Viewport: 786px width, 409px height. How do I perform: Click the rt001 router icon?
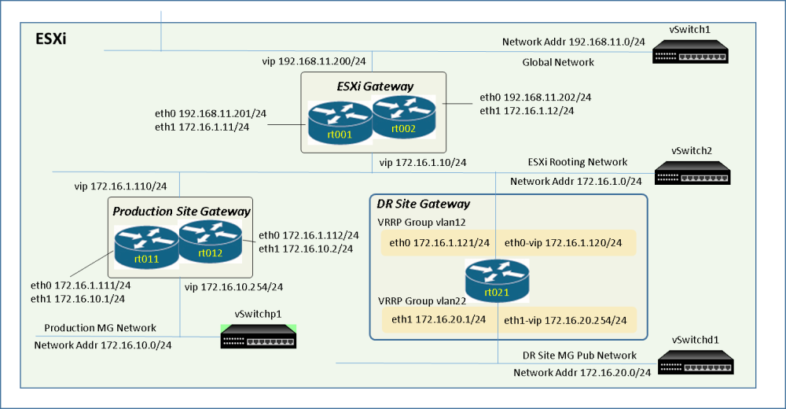(x=340, y=123)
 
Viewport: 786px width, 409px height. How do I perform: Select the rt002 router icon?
(x=403, y=116)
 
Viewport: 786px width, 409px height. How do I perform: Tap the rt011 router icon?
(x=146, y=247)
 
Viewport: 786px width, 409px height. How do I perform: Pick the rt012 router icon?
(x=210, y=241)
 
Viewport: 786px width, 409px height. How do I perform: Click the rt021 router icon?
(x=497, y=281)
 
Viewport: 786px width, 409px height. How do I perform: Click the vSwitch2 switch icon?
(x=692, y=172)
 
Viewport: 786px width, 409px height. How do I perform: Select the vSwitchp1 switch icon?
(x=258, y=336)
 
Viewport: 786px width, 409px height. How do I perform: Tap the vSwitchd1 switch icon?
(x=696, y=363)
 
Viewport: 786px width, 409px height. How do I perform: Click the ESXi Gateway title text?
(x=375, y=87)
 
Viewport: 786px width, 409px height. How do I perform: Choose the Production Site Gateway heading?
(x=182, y=212)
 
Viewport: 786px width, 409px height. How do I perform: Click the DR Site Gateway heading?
(x=424, y=204)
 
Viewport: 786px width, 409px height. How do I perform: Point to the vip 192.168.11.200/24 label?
(x=314, y=61)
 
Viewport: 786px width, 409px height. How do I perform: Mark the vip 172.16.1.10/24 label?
(x=423, y=163)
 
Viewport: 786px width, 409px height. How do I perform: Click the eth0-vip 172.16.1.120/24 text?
(x=563, y=243)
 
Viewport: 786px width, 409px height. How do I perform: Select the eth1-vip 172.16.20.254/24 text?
(x=565, y=320)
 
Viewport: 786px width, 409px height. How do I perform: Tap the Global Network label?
(x=558, y=62)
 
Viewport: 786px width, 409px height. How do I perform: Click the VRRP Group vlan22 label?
(x=422, y=301)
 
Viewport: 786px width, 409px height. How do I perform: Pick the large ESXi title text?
(x=50, y=39)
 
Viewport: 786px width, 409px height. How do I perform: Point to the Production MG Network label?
(x=101, y=328)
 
